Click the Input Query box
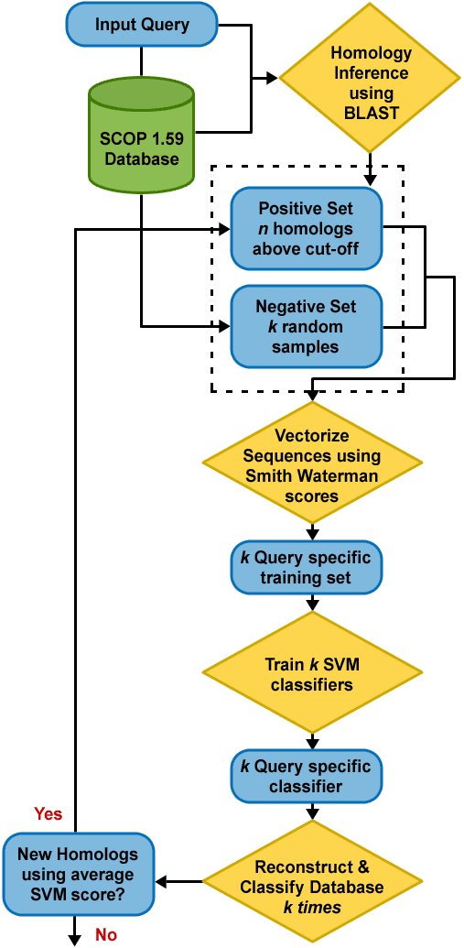click(x=140, y=25)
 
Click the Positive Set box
click(x=307, y=229)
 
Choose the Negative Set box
click(x=307, y=328)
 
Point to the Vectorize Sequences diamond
click(x=312, y=464)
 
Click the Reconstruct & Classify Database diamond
click(x=312, y=878)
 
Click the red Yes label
click(x=48, y=813)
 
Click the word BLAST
click(x=371, y=113)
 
